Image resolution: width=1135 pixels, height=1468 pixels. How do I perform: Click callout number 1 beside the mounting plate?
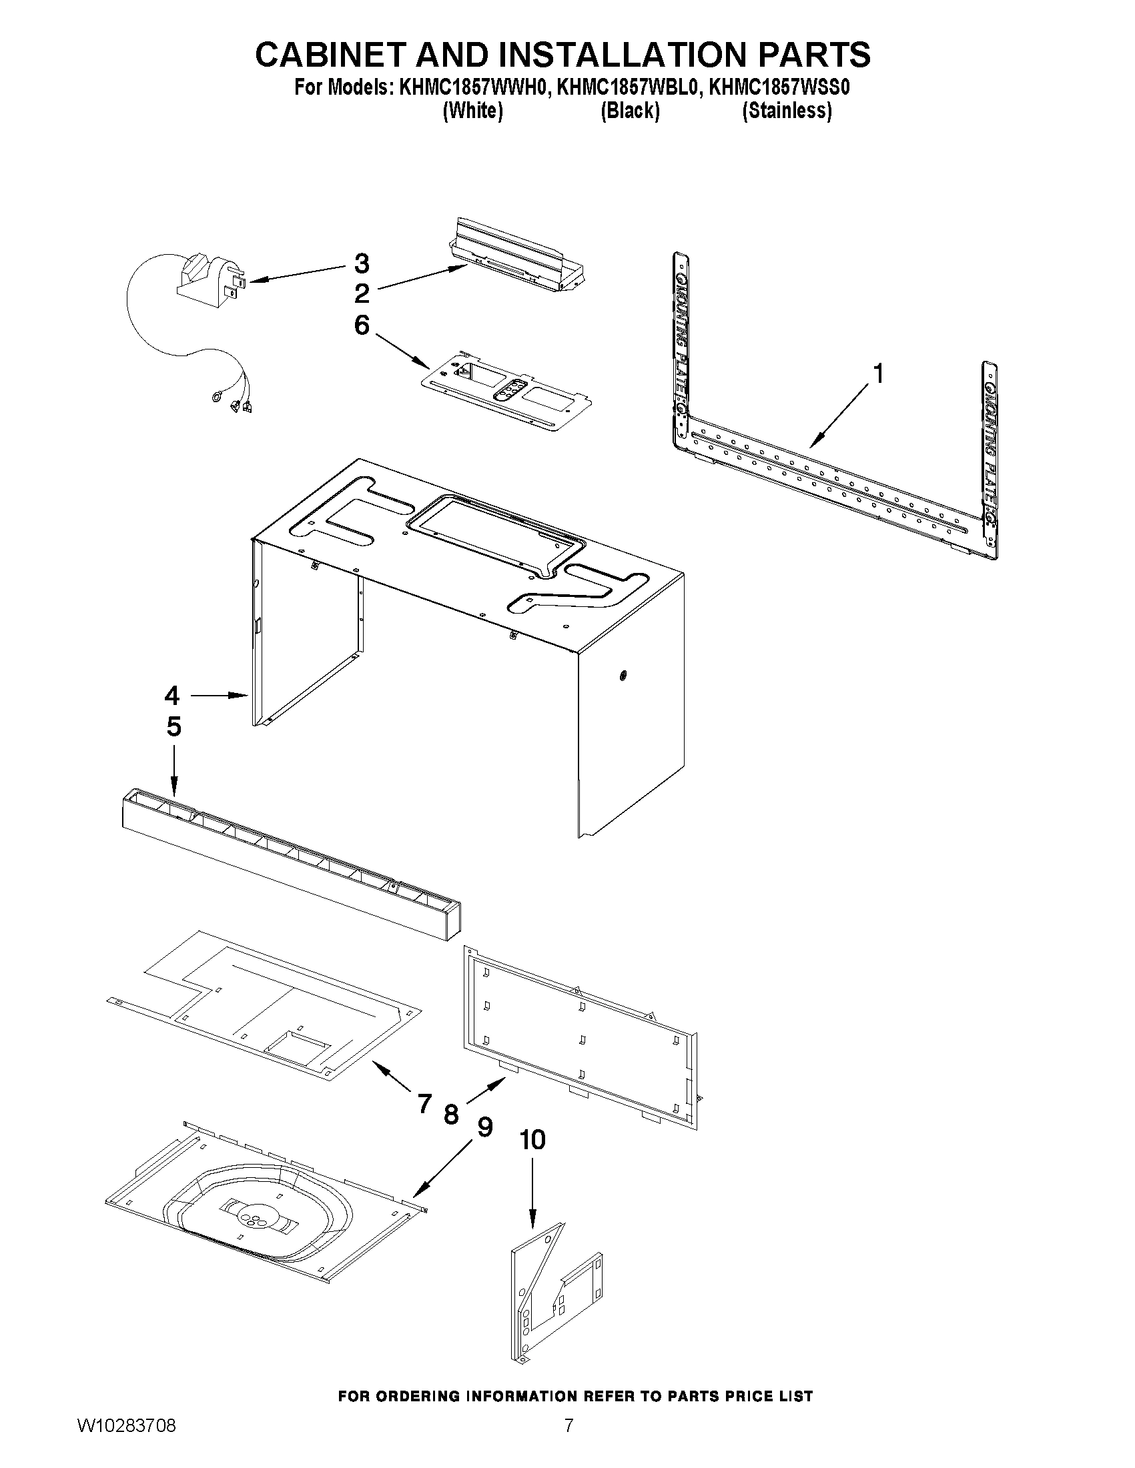[877, 373]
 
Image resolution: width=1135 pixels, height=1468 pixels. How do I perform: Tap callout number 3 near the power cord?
[362, 263]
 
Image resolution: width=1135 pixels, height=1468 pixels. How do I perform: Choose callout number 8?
[451, 1115]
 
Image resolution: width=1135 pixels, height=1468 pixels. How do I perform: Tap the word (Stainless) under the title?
[786, 111]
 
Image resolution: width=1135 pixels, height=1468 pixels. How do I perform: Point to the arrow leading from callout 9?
[443, 1171]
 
